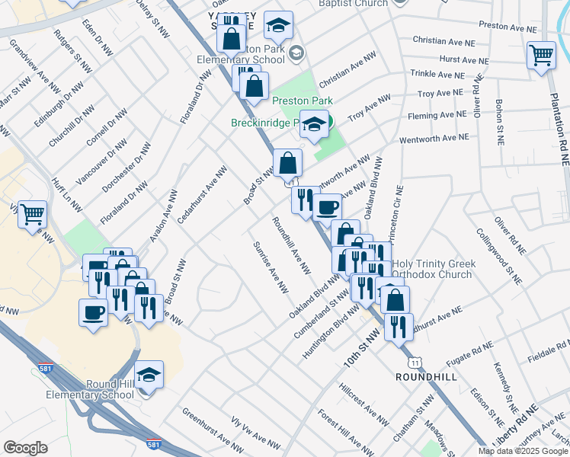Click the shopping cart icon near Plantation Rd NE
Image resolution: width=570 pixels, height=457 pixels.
(x=541, y=55)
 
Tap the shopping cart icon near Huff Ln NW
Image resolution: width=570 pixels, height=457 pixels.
(x=33, y=216)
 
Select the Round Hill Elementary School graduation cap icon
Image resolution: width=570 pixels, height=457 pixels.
(x=149, y=375)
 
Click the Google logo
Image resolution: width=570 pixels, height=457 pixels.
(x=25, y=448)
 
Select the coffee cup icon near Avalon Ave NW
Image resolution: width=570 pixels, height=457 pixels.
(x=94, y=312)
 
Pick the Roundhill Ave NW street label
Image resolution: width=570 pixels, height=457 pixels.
(x=292, y=245)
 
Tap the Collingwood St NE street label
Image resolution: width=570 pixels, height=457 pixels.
(x=499, y=256)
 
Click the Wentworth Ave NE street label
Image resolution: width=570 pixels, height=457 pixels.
(x=431, y=138)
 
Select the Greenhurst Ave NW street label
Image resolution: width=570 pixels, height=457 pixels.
(x=207, y=428)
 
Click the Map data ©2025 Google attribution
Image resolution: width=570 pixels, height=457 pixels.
(x=523, y=450)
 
